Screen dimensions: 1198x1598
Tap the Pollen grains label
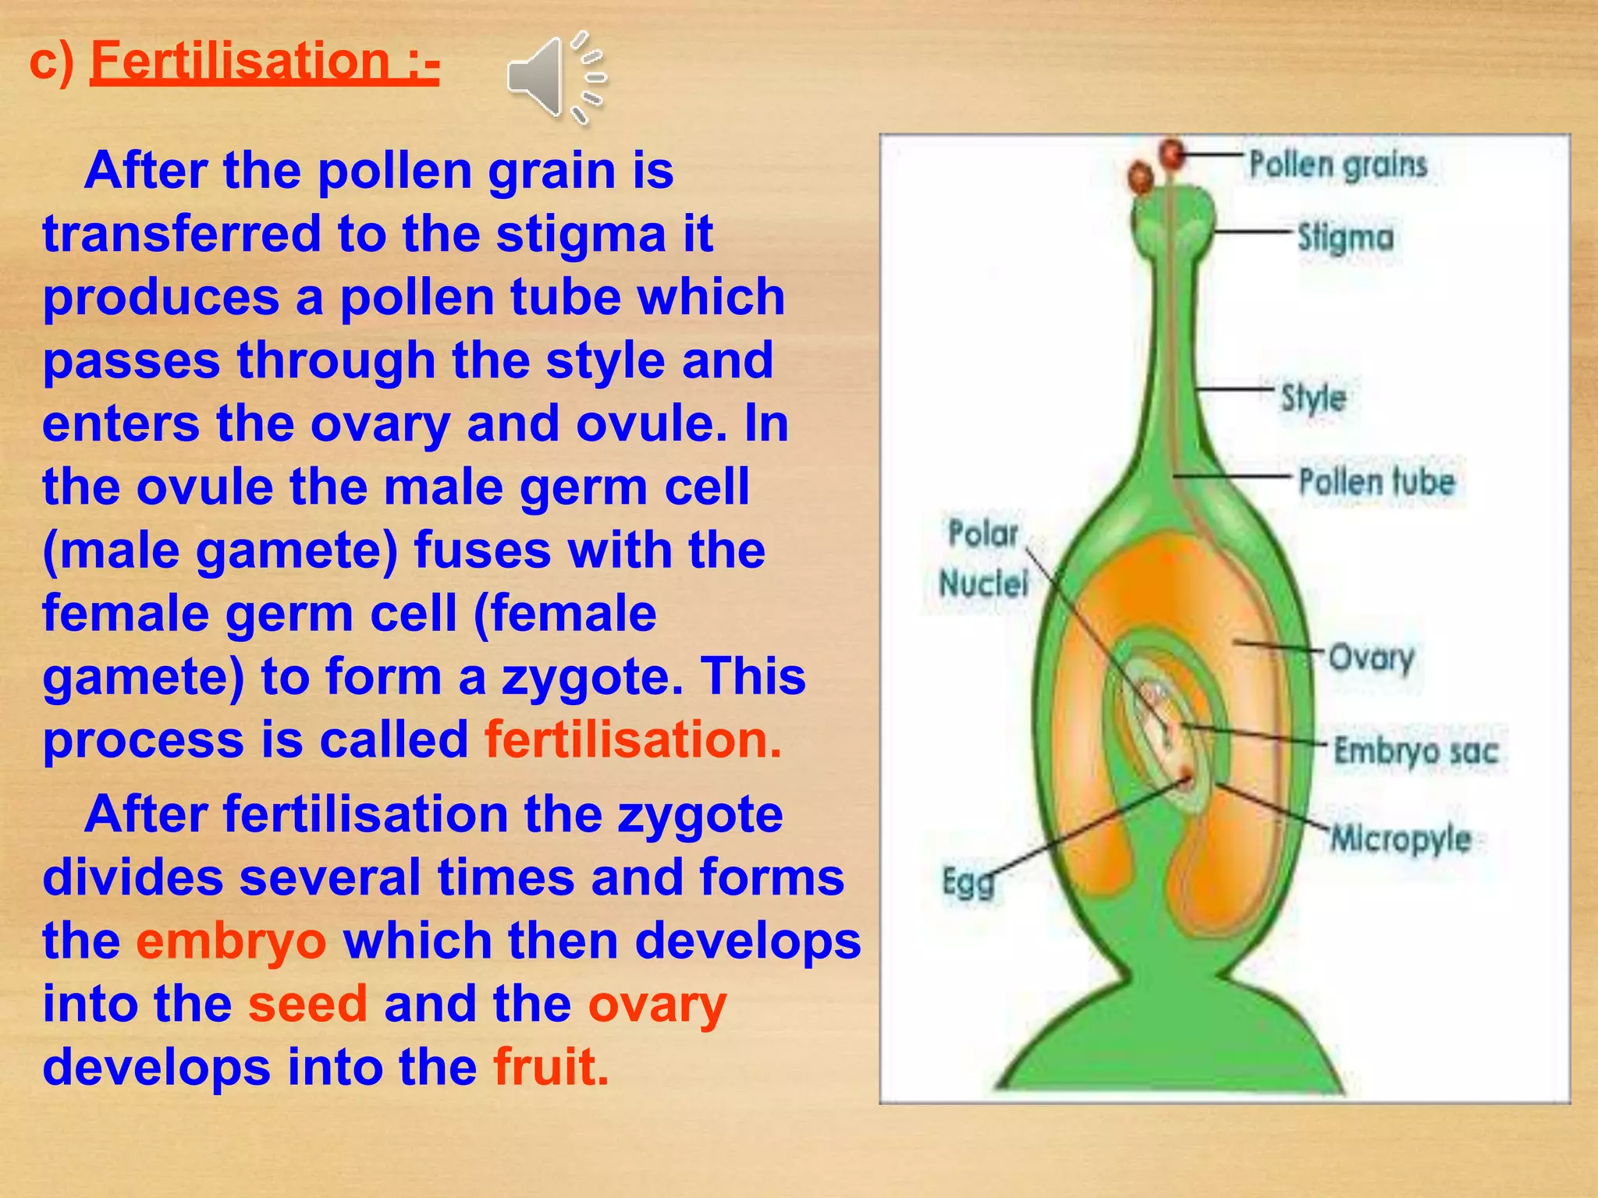[1337, 165]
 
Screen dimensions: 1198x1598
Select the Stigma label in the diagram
[1345, 238]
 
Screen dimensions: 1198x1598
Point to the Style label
[1313, 398]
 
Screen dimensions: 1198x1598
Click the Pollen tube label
[1376, 482]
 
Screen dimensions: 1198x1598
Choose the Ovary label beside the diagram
[1371, 658]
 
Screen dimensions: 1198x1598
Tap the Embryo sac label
[1415, 751]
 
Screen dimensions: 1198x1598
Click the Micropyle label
[1401, 839]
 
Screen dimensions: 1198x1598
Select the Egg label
[968, 882]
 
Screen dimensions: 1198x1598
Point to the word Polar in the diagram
[982, 534]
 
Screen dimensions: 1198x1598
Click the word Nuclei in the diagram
[983, 583]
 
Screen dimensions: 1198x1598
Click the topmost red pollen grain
[1171, 153]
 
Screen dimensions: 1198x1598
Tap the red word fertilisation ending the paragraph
[632, 739]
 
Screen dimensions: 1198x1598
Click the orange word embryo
[231, 941]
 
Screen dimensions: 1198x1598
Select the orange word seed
[307, 1004]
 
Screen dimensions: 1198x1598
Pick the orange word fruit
[550, 1067]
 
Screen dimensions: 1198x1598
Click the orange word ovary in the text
[656, 1004]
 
